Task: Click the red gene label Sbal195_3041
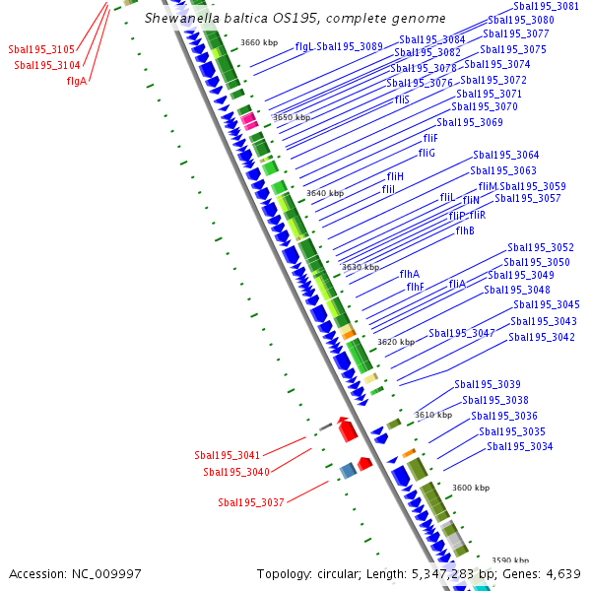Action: (x=227, y=455)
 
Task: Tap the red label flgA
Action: (x=77, y=81)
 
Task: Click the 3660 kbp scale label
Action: (x=259, y=42)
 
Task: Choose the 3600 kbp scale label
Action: (x=470, y=488)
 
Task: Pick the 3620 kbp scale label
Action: (x=395, y=342)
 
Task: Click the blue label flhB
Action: (x=465, y=230)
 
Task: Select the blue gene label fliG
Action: (x=426, y=153)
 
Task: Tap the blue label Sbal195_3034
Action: (x=519, y=447)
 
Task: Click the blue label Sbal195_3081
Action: (x=546, y=6)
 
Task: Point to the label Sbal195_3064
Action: (x=505, y=155)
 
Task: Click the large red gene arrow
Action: (x=346, y=429)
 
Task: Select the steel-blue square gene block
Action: (x=347, y=471)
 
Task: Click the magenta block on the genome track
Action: (x=249, y=121)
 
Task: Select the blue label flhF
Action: (x=415, y=287)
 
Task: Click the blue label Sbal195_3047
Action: (x=461, y=333)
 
